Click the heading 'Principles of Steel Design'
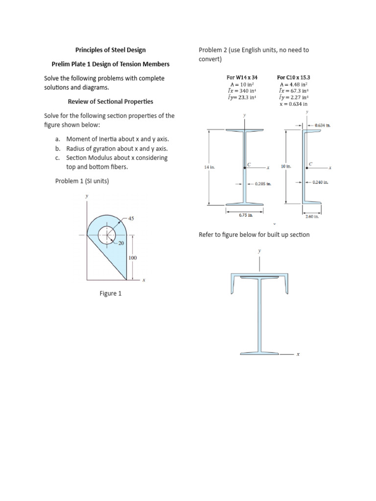[110, 50]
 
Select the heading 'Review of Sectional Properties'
[110, 101]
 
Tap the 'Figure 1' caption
[110, 293]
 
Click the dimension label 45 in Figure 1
[131, 218]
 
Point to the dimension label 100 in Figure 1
[132, 257]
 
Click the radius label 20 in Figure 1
[121, 243]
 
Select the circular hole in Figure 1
[107, 235]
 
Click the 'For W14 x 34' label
[242, 77]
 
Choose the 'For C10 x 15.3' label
[293, 77]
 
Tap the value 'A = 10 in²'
[242, 84]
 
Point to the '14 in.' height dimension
[209, 167]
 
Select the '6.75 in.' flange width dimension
[246, 215]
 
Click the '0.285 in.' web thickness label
[262, 184]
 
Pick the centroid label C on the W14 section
[249, 164]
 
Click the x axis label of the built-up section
[298, 355]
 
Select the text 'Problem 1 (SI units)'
[82, 181]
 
